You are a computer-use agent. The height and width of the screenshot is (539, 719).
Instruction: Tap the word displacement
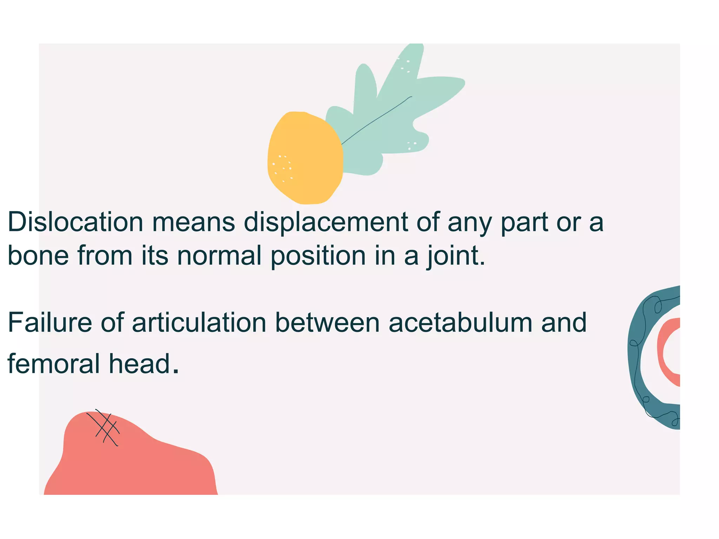click(x=326, y=222)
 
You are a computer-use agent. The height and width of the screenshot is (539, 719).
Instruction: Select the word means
click(x=193, y=222)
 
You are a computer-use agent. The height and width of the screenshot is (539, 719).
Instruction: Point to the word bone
click(x=38, y=255)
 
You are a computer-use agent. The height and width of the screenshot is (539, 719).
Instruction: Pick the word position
click(x=318, y=256)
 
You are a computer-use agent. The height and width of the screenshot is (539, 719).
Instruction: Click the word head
click(x=144, y=364)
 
